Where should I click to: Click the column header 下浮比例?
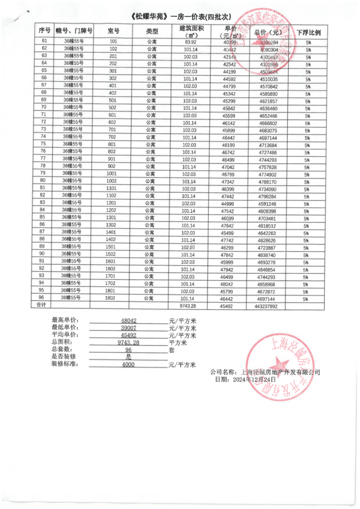[x=308, y=32]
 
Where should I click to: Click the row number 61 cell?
[x=45, y=41]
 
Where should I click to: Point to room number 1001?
[x=111, y=174]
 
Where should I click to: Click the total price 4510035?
[x=268, y=79]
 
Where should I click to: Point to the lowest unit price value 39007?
[x=128, y=328]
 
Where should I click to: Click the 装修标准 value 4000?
[x=128, y=364]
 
